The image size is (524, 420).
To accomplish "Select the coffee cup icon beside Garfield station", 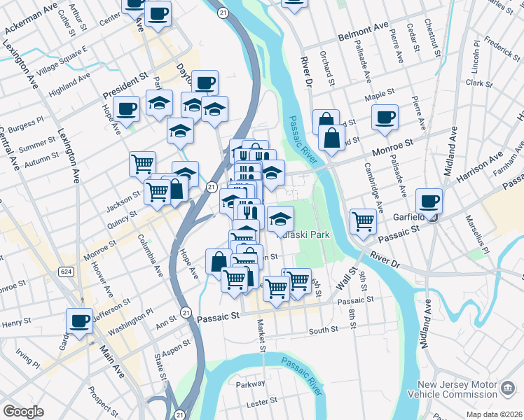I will click(x=429, y=201).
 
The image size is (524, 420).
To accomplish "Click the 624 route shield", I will click(x=65, y=272).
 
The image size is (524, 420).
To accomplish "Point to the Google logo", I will click(x=23, y=412).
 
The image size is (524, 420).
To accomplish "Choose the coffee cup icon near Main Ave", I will click(x=79, y=321).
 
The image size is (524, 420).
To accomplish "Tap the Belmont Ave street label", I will click(x=363, y=31).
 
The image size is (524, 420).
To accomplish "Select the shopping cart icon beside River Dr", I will click(x=363, y=221).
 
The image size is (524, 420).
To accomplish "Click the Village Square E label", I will click(x=62, y=60).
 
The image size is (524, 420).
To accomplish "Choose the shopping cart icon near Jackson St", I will click(x=142, y=164).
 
